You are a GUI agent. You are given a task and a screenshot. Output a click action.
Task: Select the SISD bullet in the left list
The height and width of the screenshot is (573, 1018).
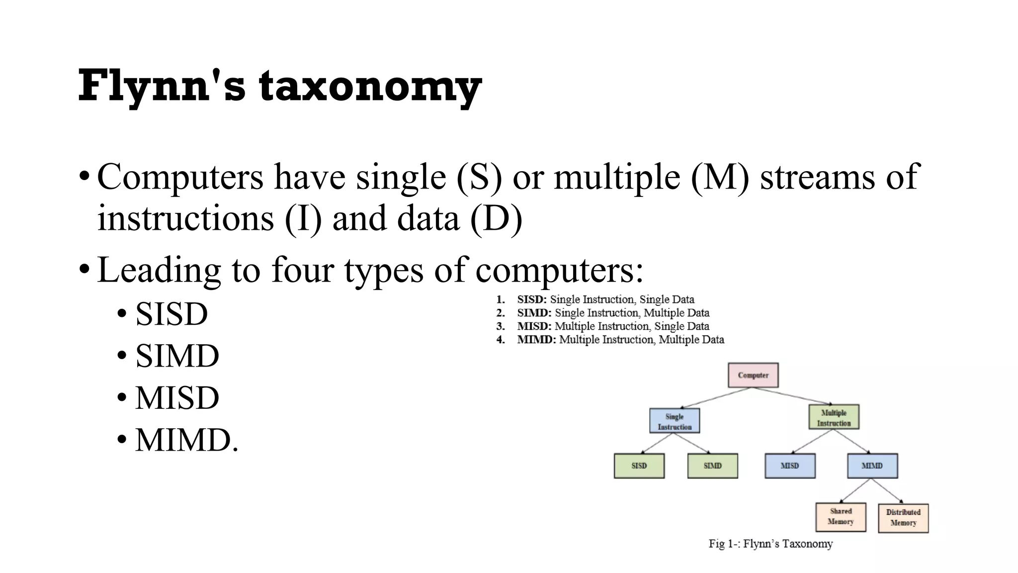point(171,314)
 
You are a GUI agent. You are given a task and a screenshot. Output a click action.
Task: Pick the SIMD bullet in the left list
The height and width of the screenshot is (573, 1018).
point(177,356)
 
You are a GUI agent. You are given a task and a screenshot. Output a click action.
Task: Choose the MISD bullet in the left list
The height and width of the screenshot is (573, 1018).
point(177,398)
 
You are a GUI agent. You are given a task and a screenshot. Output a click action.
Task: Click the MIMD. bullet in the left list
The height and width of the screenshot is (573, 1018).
point(187,440)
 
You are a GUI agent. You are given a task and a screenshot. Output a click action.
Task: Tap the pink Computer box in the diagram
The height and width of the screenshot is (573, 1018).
point(753,375)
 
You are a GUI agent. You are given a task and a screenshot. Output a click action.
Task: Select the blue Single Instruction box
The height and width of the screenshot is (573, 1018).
point(675,421)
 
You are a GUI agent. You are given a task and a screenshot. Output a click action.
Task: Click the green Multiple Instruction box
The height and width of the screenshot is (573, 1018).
point(834,417)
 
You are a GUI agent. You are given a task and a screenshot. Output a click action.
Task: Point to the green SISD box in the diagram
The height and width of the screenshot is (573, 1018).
point(639,466)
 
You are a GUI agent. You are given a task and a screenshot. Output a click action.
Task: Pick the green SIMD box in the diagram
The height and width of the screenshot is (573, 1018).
point(712,466)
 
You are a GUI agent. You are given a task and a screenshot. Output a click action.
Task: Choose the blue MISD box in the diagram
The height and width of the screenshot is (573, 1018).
point(790,466)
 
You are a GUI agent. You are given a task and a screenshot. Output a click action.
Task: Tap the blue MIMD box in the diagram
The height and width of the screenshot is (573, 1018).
point(872,466)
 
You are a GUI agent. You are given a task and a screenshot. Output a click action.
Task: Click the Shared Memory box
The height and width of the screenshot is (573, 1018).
point(841,517)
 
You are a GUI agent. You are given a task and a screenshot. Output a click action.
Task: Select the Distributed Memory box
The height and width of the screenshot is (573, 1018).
point(903,518)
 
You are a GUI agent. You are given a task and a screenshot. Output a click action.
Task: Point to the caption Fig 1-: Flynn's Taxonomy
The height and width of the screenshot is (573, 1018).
point(770,544)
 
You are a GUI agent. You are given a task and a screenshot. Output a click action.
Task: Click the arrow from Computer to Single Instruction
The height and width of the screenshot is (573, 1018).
point(716,398)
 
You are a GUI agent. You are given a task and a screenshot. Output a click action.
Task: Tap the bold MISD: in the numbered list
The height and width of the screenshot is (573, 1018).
point(534,326)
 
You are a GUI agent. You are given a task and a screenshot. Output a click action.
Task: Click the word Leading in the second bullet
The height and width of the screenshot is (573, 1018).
point(159,270)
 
